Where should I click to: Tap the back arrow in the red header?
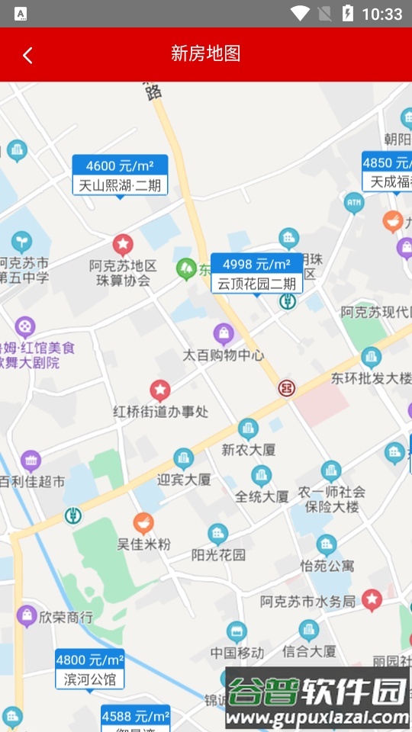click(x=27, y=55)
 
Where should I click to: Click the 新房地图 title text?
click(x=206, y=53)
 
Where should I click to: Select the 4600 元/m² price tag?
click(x=120, y=165)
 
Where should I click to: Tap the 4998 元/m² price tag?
click(x=256, y=264)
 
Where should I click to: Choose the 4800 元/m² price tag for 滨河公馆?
click(x=89, y=660)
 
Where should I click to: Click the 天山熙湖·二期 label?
click(x=120, y=185)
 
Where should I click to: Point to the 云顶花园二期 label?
click(x=256, y=284)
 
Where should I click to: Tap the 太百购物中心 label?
click(x=223, y=355)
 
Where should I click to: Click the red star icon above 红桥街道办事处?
click(x=159, y=390)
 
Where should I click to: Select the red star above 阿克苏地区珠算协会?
click(x=123, y=245)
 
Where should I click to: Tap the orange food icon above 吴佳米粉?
click(x=143, y=523)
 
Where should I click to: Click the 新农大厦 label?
click(x=248, y=450)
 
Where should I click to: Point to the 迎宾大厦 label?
click(x=184, y=480)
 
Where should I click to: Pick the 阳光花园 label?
click(x=218, y=554)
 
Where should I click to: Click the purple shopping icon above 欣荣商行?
click(x=27, y=615)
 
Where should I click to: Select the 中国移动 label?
click(x=237, y=653)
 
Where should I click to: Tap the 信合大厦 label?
click(x=308, y=651)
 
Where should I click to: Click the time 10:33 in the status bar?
click(x=381, y=14)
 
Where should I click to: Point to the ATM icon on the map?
click(x=353, y=203)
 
